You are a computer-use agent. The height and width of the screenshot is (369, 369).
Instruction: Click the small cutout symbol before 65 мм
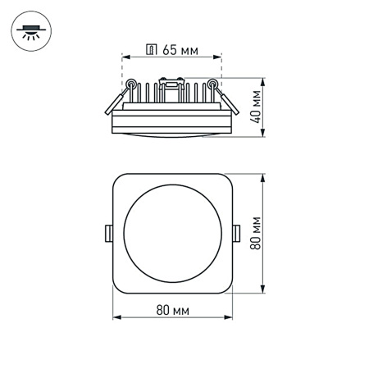[151, 50]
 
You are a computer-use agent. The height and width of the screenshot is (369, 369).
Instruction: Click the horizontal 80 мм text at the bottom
[172, 309]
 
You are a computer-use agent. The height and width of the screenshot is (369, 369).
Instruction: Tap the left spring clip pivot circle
[130, 83]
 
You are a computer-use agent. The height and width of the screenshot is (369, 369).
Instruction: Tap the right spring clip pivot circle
[214, 83]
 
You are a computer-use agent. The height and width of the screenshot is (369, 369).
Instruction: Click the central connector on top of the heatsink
[172, 81]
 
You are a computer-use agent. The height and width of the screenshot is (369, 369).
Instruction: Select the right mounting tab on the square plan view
[237, 234]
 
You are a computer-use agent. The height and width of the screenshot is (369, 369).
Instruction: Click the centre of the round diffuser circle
[172, 234]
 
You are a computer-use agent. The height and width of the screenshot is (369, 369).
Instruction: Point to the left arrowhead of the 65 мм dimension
[125, 57]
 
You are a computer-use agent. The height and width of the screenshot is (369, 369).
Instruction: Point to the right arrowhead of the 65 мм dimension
[220, 57]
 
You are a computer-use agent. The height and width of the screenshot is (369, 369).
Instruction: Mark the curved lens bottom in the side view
[172, 134]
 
